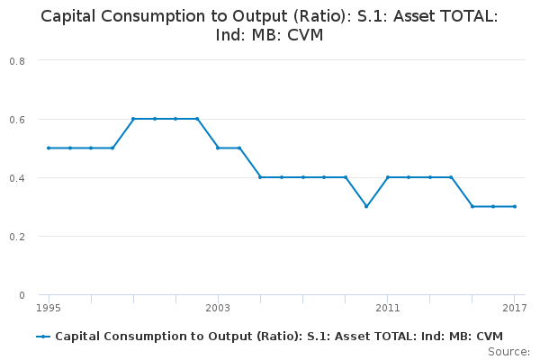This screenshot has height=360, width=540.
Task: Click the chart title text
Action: [270, 26]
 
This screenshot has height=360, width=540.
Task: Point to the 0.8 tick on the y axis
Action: [17, 60]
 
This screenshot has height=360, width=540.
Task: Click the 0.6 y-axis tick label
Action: [17, 119]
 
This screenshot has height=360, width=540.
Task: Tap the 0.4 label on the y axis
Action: [17, 177]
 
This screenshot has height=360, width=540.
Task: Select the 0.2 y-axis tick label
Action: [17, 237]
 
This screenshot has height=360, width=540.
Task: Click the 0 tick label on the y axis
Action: [22, 295]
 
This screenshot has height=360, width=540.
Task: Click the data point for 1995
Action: [49, 148]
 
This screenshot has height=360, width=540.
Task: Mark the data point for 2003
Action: [218, 148]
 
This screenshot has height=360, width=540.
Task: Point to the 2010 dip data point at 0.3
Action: [365, 206]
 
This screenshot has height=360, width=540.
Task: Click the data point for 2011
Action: [387, 177]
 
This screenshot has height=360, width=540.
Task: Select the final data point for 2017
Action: [514, 206]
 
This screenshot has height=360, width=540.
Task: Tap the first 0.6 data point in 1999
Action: [133, 119]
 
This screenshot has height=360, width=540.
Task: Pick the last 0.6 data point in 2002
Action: [197, 119]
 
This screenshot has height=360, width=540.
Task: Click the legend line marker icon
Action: [43, 336]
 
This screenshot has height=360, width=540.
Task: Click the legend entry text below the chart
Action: [279, 336]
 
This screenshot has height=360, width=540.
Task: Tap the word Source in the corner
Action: [508, 351]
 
